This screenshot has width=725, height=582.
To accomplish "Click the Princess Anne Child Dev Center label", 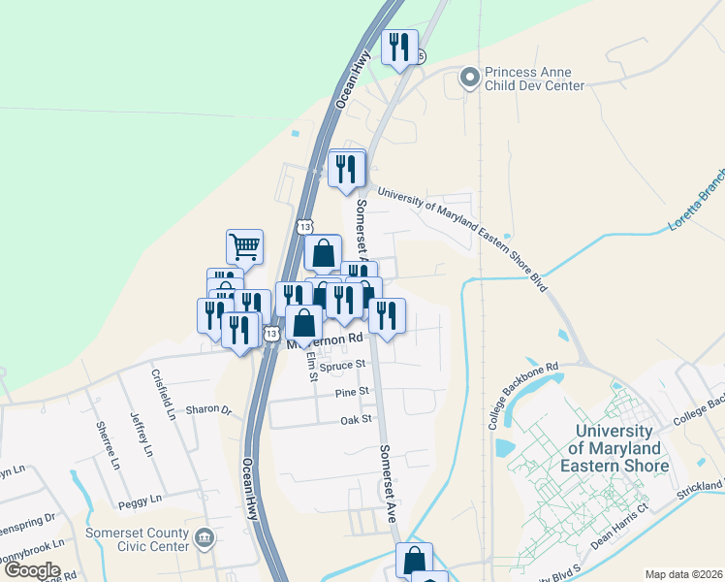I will point(534,79).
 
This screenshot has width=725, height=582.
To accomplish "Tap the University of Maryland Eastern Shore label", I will point(622,449).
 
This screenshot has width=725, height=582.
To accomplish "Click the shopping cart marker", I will point(244,246).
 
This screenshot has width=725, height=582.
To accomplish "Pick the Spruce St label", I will point(347,364).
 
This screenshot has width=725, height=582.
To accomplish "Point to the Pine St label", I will point(353,392).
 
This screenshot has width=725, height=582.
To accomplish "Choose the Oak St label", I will point(356,419).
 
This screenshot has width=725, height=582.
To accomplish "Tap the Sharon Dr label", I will point(209,409).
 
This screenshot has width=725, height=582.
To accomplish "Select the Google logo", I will point(31,570).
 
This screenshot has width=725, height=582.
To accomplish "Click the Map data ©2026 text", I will point(683,574).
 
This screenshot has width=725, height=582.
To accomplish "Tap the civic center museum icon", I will point(205,537).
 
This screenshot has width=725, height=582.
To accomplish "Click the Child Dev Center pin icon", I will point(470,78).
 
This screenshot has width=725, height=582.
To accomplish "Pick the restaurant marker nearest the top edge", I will point(399,47).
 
